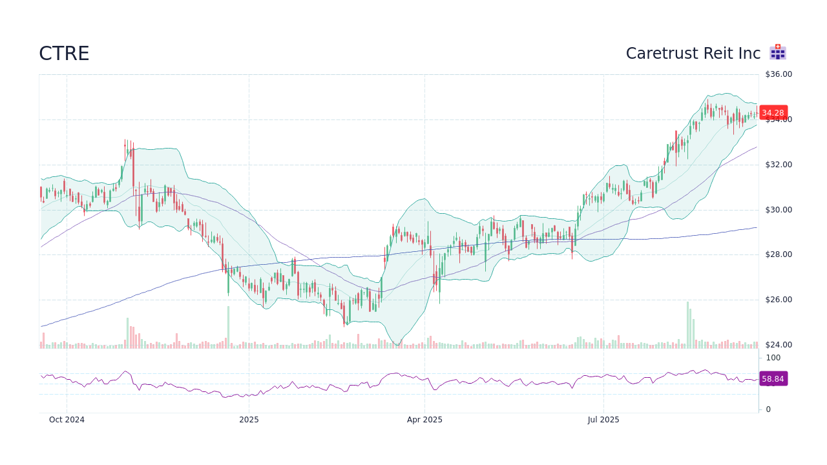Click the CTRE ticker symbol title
(64, 54)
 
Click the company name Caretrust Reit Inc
(693, 54)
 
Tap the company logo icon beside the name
(777, 52)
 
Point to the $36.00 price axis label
(778, 74)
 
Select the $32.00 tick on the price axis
(778, 165)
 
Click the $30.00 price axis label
(778, 210)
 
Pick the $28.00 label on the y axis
(778, 254)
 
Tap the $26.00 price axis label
(778, 300)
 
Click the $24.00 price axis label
(778, 345)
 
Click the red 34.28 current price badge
(773, 112)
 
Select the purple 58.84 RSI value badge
(773, 379)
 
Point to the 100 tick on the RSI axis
(773, 358)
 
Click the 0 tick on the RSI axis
(768, 409)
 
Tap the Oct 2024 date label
(67, 420)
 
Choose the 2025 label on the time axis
(249, 420)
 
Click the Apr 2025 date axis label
(424, 420)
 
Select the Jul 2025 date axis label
(603, 420)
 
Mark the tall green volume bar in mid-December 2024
(228, 327)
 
